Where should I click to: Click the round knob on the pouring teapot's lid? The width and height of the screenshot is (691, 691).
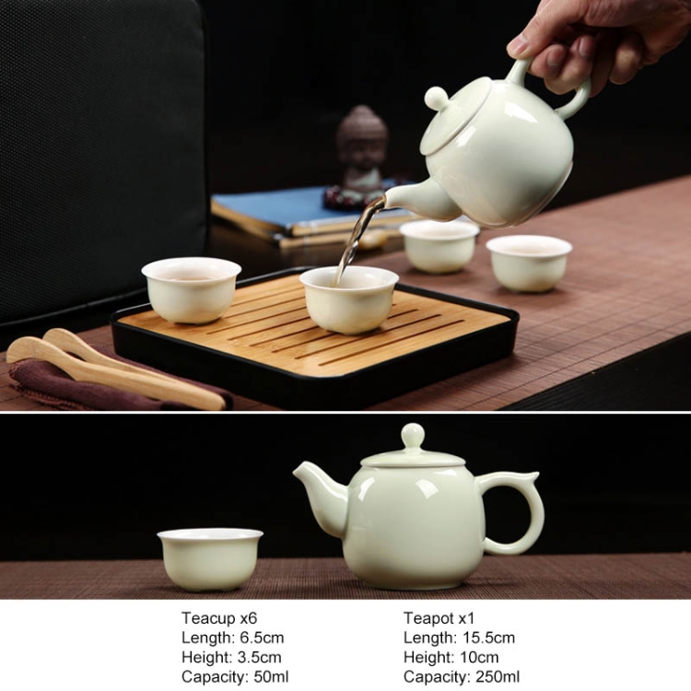(437, 98)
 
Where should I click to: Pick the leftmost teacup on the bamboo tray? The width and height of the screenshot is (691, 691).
(192, 290)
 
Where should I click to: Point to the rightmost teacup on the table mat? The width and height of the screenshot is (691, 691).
(529, 264)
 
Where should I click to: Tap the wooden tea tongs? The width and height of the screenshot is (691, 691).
(115, 368)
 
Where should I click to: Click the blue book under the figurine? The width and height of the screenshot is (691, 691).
(309, 207)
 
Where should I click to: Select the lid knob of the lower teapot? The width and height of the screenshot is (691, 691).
(413, 436)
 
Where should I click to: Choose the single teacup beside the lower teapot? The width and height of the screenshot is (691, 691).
(210, 559)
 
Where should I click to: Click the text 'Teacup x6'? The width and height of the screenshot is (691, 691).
(219, 618)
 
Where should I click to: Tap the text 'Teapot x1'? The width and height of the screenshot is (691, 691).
(439, 618)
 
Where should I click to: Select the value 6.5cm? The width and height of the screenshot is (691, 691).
(262, 638)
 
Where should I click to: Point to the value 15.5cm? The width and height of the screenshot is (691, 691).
(488, 638)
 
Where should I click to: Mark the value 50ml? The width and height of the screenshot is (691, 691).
(272, 676)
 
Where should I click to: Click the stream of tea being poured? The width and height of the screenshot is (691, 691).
(357, 238)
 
